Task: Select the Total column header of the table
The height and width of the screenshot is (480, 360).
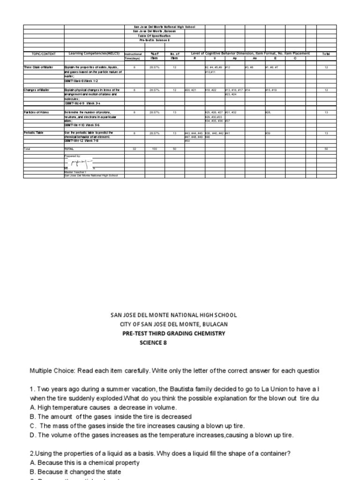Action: click(326, 54)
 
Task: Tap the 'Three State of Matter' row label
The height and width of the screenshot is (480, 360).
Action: click(38, 67)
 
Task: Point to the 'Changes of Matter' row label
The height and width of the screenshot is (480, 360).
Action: click(37, 90)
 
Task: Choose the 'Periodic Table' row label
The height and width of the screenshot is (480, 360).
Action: click(33, 133)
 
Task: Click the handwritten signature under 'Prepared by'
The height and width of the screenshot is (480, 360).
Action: click(80, 163)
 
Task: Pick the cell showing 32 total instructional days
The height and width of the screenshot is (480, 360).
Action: click(134, 149)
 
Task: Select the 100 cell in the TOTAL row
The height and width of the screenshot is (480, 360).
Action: click(154, 149)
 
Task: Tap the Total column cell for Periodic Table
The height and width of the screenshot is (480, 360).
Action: click(326, 134)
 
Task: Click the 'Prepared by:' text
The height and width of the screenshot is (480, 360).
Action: click(73, 155)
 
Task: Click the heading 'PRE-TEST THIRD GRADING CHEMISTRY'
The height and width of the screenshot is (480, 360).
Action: click(173, 333)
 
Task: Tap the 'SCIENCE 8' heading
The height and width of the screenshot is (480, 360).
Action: click(153, 343)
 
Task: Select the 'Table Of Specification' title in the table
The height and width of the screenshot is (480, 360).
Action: click(154, 36)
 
